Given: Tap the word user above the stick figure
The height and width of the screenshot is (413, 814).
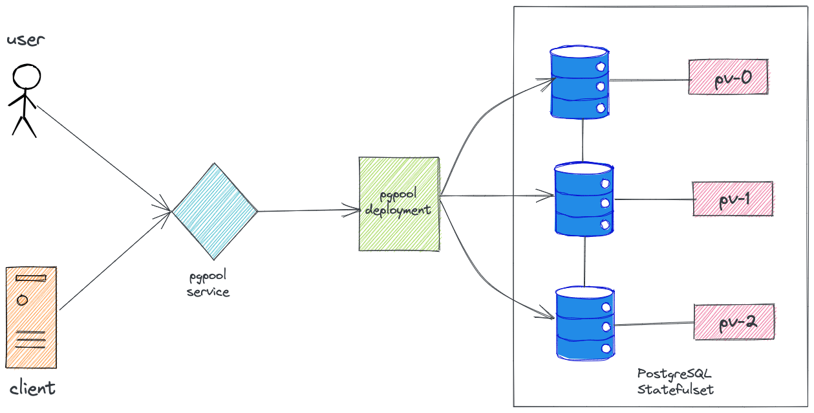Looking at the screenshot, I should click(26, 40).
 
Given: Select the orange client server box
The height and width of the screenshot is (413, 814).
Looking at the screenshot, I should click(31, 317).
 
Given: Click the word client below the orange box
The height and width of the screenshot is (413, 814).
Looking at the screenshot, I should click(32, 388).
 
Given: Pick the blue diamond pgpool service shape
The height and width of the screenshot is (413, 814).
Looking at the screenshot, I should click(215, 210).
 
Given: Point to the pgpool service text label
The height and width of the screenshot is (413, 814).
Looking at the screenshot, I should click(208, 284).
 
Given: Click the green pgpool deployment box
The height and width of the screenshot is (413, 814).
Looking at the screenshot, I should click(399, 204).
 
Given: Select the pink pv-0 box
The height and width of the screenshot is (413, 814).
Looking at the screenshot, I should click(728, 77).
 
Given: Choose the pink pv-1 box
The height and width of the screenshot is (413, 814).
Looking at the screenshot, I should click(733, 199).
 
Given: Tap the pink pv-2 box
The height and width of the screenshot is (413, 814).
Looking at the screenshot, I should click(734, 321).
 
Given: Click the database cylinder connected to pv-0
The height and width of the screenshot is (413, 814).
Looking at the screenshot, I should click(579, 82).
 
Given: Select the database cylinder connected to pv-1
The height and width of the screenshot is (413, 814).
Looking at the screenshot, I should click(584, 199).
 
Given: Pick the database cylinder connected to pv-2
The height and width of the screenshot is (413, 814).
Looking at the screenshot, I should click(585, 322).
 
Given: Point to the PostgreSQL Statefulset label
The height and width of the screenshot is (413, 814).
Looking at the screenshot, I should click(675, 382).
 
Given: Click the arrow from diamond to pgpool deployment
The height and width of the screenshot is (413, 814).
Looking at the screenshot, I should click(308, 210).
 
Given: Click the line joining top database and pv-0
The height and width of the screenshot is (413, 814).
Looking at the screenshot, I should click(648, 80).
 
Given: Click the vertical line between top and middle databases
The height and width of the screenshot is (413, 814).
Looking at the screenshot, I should click(583, 140).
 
